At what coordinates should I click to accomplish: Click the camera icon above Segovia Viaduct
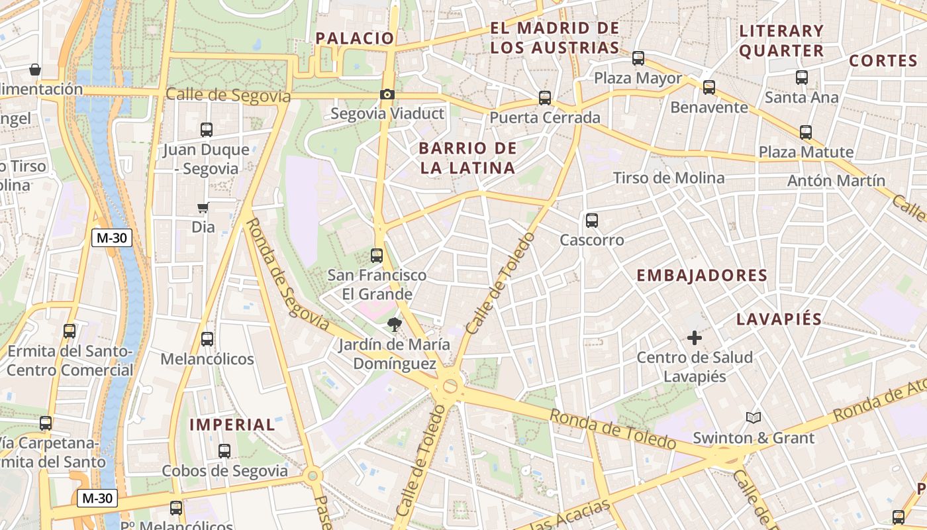(x=387, y=95)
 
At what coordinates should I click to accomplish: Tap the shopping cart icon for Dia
(x=203, y=208)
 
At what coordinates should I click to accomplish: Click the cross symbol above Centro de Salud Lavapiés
(x=694, y=339)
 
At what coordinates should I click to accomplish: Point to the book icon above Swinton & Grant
(x=753, y=417)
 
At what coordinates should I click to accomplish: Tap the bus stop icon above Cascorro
(x=592, y=221)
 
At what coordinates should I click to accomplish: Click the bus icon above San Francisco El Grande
(x=377, y=255)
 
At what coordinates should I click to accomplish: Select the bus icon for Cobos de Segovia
(x=224, y=451)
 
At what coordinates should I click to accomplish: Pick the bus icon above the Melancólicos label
(x=207, y=339)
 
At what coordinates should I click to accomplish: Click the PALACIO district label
(x=355, y=38)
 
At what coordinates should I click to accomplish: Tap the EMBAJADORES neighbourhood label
(x=702, y=276)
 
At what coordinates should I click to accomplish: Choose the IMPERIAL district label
(x=232, y=425)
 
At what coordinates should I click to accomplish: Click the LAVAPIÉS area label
(x=779, y=319)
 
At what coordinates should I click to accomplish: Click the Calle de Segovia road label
(x=228, y=95)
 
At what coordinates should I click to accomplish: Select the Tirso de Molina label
(x=669, y=178)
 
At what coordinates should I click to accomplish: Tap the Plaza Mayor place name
(x=638, y=78)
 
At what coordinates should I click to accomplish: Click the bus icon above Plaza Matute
(x=805, y=132)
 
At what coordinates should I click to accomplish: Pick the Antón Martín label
(x=836, y=180)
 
